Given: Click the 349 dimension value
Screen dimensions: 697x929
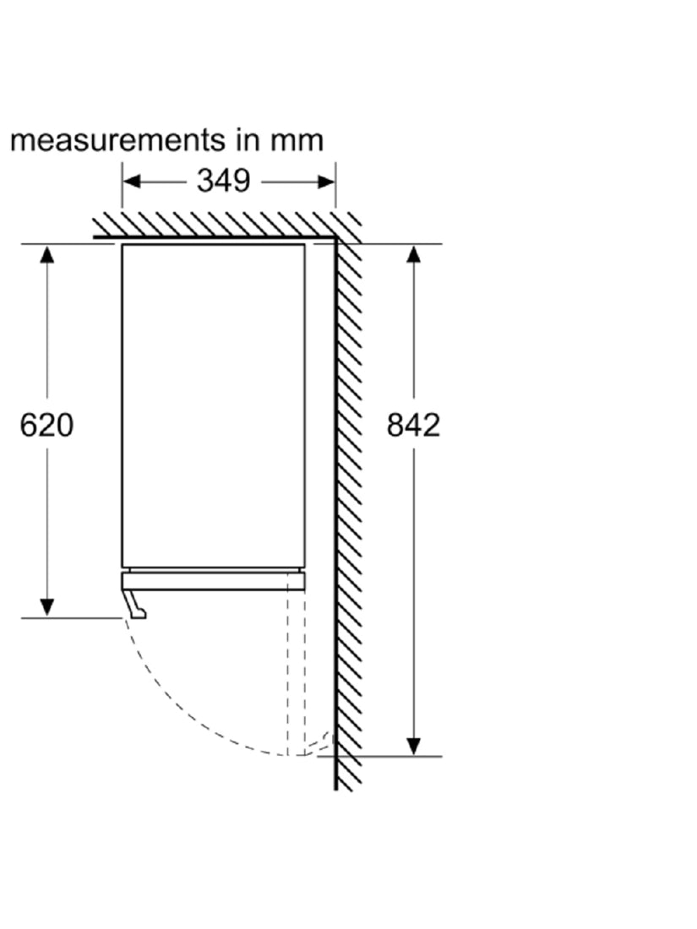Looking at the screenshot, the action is point(223,181).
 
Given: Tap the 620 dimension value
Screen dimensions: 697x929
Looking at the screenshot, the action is point(46,426).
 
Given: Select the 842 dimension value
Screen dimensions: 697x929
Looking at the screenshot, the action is point(413,426).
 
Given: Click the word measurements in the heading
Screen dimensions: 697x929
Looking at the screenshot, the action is point(117,140).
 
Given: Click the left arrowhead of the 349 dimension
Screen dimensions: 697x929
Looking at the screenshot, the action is point(131,182).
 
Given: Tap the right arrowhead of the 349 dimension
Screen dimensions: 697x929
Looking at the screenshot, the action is point(327,182).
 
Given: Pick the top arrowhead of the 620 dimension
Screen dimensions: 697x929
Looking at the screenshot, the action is point(46,253).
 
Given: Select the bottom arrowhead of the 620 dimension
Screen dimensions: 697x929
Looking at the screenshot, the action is point(46,608).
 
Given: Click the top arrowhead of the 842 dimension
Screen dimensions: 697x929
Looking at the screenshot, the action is point(414,253).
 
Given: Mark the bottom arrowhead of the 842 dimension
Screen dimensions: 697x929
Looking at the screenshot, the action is point(414,747).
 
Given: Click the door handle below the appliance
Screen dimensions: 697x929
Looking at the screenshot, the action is point(135,605).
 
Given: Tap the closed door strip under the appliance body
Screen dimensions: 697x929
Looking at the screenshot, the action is point(214,581).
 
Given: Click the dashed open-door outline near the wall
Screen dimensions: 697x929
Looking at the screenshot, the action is point(297,673).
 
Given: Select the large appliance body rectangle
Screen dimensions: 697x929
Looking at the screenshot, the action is point(214,406).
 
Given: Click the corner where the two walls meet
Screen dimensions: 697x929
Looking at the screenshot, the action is point(335,237).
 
